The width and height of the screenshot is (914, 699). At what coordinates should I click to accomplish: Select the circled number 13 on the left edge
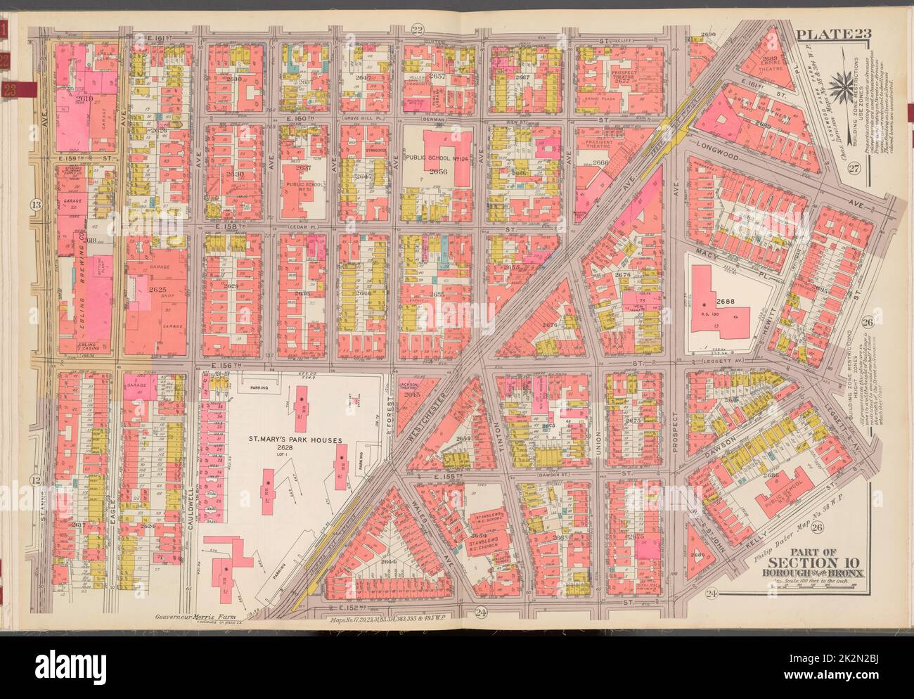[x=35, y=205]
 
